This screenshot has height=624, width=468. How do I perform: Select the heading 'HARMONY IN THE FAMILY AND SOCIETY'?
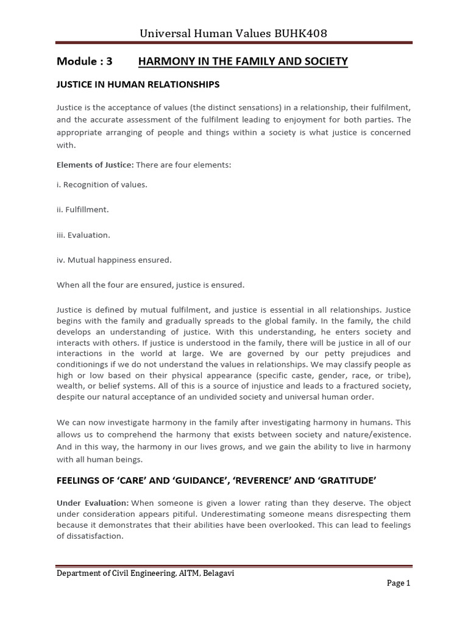coord(243,61)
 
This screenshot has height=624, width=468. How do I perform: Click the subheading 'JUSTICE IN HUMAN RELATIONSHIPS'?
coord(138,84)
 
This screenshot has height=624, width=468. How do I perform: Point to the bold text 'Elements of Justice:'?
coord(95,165)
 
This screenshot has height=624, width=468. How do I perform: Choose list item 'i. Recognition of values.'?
coord(102,184)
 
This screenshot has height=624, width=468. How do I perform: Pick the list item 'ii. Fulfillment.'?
coord(83,209)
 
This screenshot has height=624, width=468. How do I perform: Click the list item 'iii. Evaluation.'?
coord(83,235)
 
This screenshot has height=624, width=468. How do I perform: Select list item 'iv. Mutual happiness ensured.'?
coord(114,260)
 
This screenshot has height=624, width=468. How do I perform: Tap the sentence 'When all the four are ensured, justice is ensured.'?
coord(150,285)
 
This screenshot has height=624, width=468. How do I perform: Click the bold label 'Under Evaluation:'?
coord(93,503)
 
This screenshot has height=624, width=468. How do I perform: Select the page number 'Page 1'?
coord(399,583)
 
